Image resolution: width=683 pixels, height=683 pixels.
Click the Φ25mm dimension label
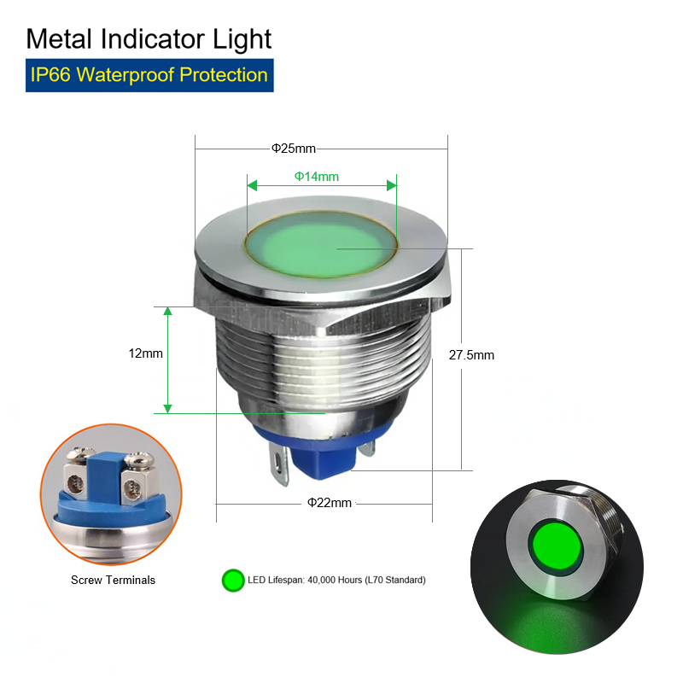(x=293, y=149)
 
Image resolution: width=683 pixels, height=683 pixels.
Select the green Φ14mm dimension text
(x=317, y=177)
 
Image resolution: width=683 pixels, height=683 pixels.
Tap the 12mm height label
(x=145, y=353)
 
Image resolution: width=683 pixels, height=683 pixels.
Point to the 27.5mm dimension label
(x=471, y=355)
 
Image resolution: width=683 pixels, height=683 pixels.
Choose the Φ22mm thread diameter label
(x=330, y=503)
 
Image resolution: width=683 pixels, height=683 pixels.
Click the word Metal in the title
(x=59, y=39)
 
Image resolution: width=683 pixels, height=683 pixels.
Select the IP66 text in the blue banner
(x=50, y=75)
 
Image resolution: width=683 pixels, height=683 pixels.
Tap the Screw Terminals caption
(x=114, y=580)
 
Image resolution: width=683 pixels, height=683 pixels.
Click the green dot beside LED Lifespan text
(x=233, y=581)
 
